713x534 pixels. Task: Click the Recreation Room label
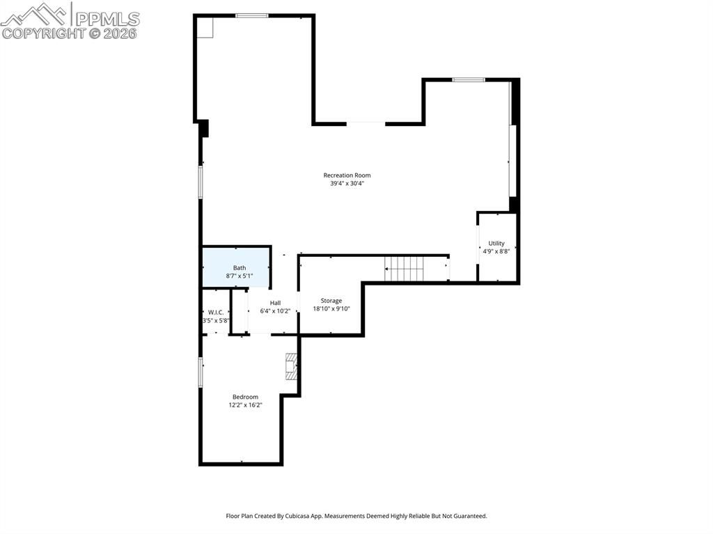[347, 175]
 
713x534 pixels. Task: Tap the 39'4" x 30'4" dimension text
[347, 184]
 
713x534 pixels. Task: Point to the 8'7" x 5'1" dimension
[239, 276]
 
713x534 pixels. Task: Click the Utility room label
[496, 243]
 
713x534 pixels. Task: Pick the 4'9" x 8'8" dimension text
[496, 251]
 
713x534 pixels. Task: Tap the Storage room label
[331, 301]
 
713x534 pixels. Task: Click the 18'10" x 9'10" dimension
[331, 309]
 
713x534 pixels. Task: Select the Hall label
[275, 303]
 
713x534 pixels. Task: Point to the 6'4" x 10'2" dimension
[275, 311]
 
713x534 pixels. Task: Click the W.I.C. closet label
[215, 312]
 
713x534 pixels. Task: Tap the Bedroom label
[245, 397]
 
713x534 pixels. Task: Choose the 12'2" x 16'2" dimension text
[245, 405]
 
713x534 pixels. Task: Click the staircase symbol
[405, 268]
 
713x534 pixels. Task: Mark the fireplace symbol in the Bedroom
[292, 366]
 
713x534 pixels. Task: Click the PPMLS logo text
[107, 18]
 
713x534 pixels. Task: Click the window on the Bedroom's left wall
[201, 372]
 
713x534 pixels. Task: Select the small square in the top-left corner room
[205, 27]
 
